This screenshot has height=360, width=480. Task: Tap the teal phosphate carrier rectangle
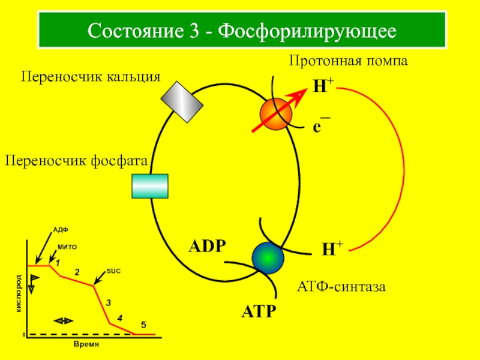coord(150,185)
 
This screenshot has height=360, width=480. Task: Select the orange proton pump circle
coord(276,114)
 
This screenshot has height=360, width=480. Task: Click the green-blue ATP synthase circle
coord(268,257)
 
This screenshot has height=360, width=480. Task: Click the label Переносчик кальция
coord(92,76)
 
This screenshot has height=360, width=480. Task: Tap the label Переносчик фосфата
coord(77,160)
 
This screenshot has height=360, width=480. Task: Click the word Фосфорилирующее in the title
coord(307,29)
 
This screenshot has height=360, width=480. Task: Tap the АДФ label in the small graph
coord(61,230)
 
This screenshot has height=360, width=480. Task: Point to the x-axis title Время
coord(86,345)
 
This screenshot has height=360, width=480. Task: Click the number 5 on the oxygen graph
coord(143,324)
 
